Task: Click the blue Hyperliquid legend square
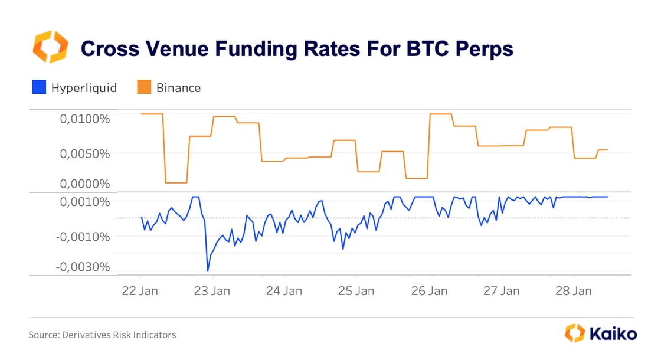[38, 88]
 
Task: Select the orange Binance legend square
[144, 88]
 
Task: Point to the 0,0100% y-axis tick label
[85, 119]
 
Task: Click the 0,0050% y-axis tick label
[85, 153]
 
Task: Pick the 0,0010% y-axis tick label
[85, 202]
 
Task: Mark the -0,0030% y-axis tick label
[83, 267]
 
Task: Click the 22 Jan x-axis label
[140, 291]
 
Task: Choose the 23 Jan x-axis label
[212, 291]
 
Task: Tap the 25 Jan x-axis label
[357, 291]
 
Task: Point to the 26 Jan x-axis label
[430, 291]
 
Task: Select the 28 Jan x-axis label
[574, 291]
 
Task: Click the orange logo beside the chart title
[50, 47]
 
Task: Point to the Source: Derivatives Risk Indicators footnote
[102, 335]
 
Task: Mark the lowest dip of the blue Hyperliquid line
[208, 271]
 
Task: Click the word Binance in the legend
[178, 88]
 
